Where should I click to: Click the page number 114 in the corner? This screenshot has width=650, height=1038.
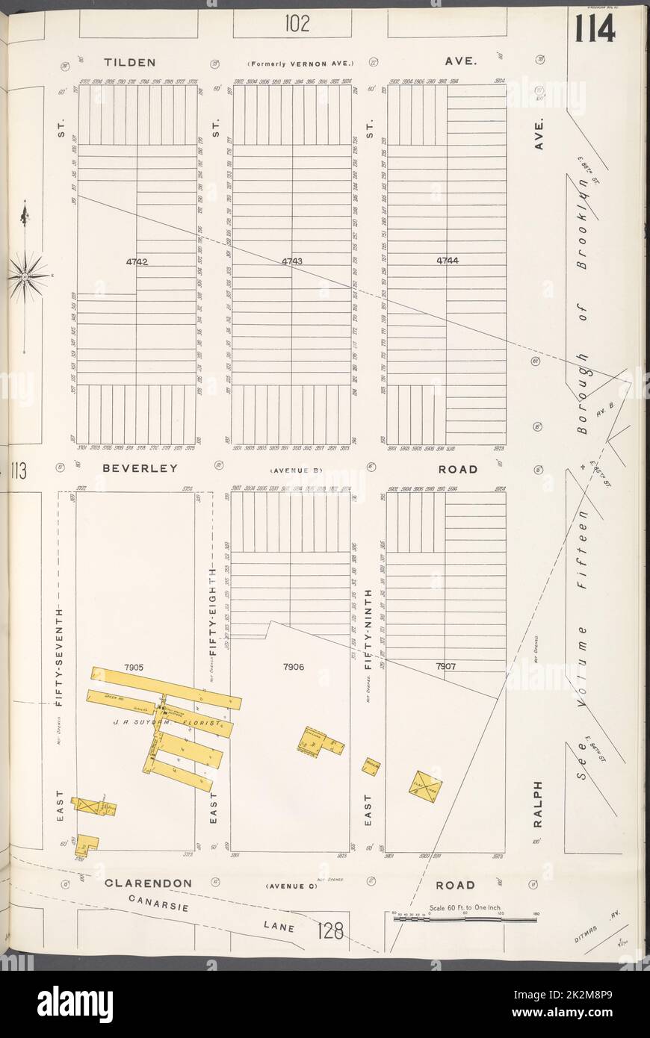(x=595, y=29)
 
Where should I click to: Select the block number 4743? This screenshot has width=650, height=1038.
(x=292, y=261)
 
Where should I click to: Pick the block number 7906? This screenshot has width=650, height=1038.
(x=292, y=666)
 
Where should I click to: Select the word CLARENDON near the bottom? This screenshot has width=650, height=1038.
(x=148, y=883)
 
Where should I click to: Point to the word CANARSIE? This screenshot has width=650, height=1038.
(x=158, y=904)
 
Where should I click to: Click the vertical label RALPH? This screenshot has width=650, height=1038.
(x=536, y=805)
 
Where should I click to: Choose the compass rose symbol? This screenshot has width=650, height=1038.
(x=27, y=276)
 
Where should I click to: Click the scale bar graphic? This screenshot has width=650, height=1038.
(x=463, y=919)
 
